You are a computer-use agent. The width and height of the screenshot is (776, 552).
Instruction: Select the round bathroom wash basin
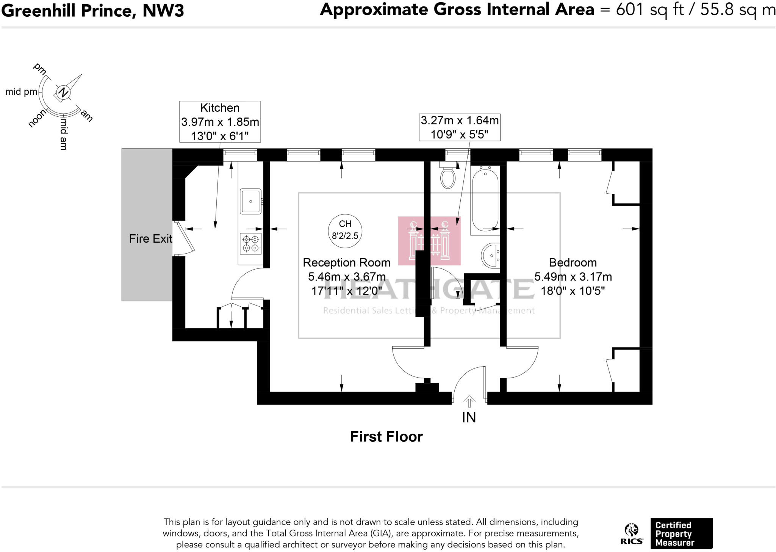click(x=491, y=255)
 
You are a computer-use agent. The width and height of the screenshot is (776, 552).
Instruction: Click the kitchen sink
click(x=250, y=201)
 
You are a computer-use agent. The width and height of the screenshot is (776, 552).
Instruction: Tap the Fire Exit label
click(x=150, y=238)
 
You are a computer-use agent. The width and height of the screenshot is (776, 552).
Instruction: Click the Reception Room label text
click(x=346, y=262)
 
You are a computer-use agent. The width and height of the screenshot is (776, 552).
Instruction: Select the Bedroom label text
click(x=573, y=262)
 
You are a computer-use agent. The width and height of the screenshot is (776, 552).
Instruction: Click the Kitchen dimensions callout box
click(x=220, y=122)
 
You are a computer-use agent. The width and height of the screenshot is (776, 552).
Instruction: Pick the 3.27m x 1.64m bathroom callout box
click(x=459, y=127)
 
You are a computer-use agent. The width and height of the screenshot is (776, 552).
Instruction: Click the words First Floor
click(x=386, y=437)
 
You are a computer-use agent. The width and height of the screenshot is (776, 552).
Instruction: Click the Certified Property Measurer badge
click(x=681, y=533)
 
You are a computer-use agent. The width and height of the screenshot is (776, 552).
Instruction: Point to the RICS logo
click(x=632, y=534)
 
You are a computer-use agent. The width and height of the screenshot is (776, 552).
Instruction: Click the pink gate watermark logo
click(x=429, y=241)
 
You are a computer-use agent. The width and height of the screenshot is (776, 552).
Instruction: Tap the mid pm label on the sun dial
click(x=21, y=92)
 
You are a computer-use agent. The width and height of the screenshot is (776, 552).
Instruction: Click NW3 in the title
click(x=163, y=11)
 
